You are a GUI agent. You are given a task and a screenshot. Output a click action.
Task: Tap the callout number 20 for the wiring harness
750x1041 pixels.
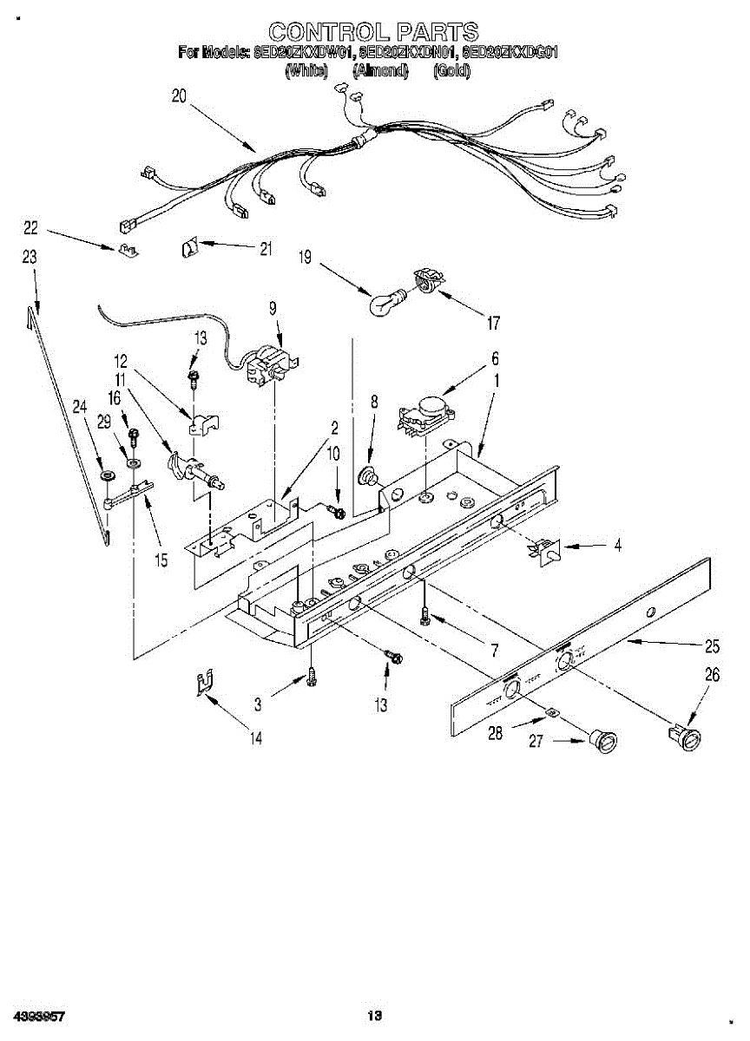pyautogui.click(x=179, y=97)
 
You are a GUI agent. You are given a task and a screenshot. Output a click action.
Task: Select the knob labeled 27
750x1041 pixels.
pyautogui.click(x=602, y=742)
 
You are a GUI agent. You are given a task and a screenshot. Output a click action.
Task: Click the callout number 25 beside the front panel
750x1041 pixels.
pyautogui.click(x=712, y=645)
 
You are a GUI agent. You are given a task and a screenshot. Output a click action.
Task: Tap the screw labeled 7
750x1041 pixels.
pyautogui.click(x=424, y=615)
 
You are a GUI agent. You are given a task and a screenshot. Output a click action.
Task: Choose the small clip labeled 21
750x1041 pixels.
pyautogui.click(x=190, y=249)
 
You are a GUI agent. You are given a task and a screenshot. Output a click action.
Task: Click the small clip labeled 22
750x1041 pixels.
pyautogui.click(x=128, y=251)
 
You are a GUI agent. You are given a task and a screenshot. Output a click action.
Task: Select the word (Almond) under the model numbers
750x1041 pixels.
pyautogui.click(x=380, y=71)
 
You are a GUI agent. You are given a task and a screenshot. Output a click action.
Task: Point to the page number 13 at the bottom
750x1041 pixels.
pyautogui.click(x=374, y=1015)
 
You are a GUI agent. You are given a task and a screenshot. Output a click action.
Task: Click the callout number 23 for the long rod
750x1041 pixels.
pyautogui.click(x=30, y=257)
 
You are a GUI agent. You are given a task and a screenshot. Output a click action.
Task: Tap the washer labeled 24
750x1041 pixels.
pyautogui.click(x=107, y=476)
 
